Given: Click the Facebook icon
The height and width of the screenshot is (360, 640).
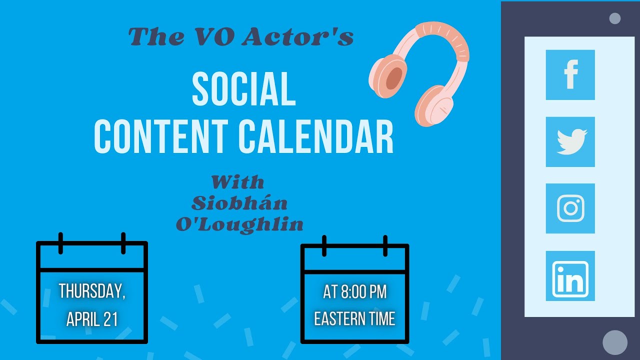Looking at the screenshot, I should tap(570, 75).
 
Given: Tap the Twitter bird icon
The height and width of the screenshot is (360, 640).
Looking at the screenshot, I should tap(570, 142).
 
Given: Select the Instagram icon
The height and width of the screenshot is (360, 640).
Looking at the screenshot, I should tap(570, 208).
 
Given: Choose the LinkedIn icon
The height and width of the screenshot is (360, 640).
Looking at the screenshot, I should tap(570, 276).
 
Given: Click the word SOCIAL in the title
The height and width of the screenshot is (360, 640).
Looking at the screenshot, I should tap(243, 89).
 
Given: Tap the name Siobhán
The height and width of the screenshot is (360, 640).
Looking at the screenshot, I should tap(239, 203).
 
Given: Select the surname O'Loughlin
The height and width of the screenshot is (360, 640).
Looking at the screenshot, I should tap(239, 224).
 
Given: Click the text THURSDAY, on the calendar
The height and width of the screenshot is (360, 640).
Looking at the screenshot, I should tap(92, 291).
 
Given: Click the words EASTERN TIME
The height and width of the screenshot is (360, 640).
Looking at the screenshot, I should tap(354, 319).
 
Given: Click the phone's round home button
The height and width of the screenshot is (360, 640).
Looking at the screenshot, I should tap(615, 342).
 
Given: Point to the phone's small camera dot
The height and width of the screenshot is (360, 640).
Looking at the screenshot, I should tap(615, 18).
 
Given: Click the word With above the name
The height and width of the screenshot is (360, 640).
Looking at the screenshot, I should tap(237, 181).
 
